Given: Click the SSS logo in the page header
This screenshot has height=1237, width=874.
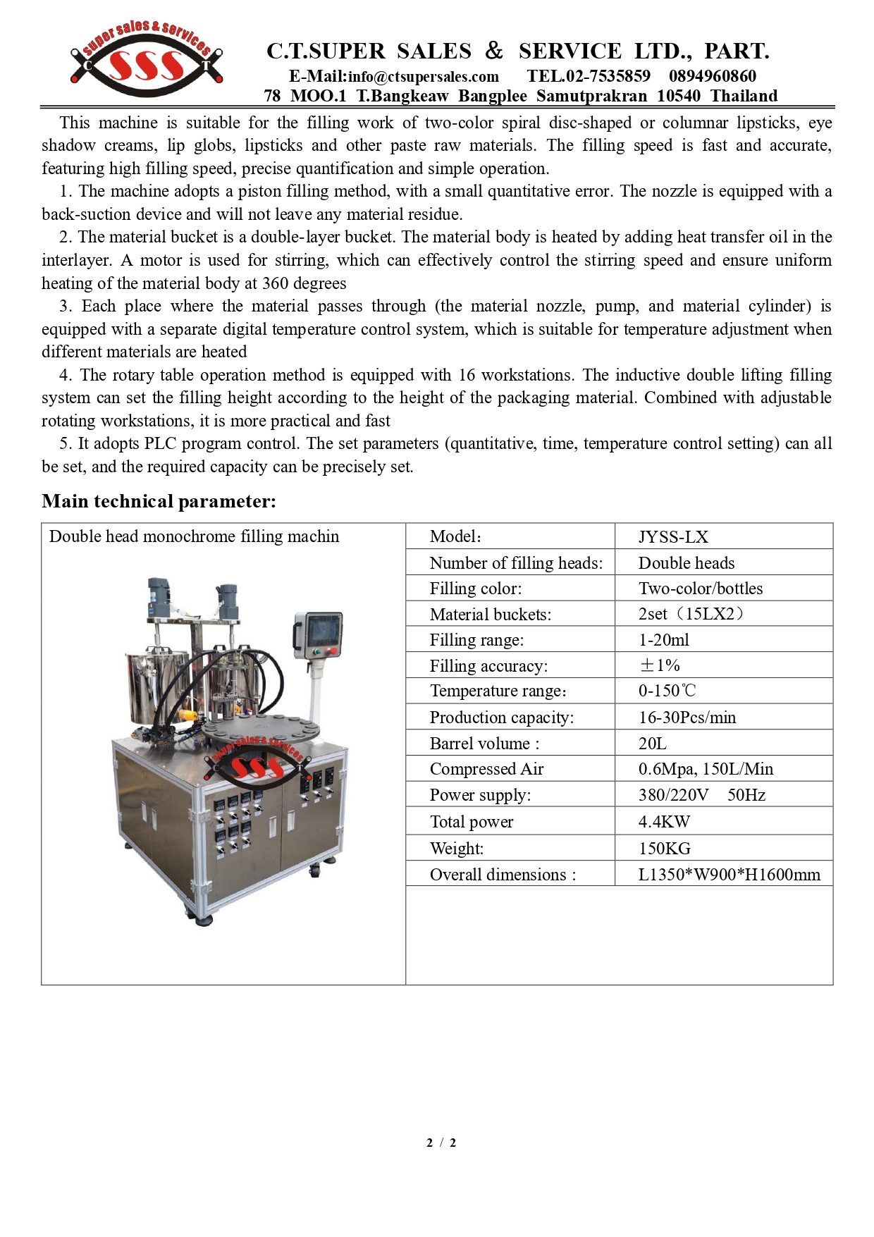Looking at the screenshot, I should (x=147, y=62).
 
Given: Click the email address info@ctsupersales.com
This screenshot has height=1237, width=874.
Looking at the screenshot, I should (x=423, y=76).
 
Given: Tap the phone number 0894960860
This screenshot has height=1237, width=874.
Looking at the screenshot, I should (x=712, y=76).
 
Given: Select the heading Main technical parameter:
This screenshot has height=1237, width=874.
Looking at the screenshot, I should (x=159, y=501).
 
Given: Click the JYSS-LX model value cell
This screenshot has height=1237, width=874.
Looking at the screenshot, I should (x=673, y=536).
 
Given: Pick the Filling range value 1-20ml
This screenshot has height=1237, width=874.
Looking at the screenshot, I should (x=663, y=640).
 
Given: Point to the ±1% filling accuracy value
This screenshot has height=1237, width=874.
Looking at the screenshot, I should (x=659, y=665).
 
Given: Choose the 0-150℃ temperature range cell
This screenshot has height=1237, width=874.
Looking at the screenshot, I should (x=667, y=691).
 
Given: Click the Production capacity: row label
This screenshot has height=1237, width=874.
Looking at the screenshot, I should (x=502, y=718).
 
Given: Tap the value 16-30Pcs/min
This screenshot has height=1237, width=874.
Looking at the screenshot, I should (x=687, y=718).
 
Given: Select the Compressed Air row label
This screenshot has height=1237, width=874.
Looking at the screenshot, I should (x=486, y=769).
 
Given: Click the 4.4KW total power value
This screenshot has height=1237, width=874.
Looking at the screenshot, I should (x=664, y=822).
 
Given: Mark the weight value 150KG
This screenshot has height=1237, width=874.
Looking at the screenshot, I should (x=664, y=849).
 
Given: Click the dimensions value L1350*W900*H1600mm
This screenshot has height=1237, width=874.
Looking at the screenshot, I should (x=729, y=875).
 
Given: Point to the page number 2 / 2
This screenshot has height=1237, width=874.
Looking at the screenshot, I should (x=441, y=1143).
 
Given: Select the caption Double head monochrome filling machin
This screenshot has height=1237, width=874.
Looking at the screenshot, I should (x=194, y=536).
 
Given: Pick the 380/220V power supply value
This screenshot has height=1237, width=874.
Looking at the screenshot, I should (x=673, y=795).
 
